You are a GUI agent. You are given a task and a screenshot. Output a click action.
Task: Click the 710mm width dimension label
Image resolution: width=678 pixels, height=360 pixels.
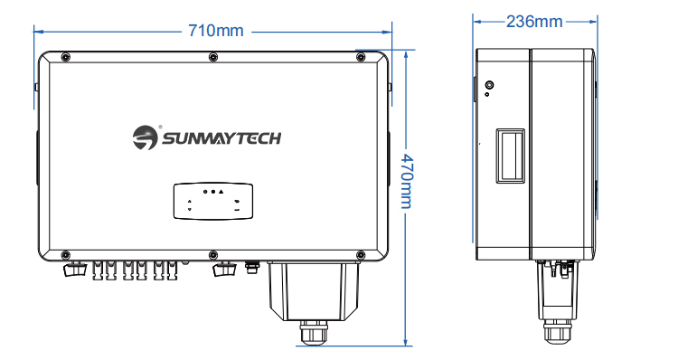coord(216,31)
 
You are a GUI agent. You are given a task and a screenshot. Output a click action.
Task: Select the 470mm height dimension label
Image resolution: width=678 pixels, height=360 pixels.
coord(407,180)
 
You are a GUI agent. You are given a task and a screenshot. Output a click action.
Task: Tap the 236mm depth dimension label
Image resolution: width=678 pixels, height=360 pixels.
coord(534,21)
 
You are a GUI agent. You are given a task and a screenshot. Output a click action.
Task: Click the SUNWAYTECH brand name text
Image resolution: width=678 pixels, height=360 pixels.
coord(221,138)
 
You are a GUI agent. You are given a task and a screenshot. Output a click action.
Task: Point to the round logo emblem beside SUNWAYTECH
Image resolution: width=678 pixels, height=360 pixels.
coord(145,137)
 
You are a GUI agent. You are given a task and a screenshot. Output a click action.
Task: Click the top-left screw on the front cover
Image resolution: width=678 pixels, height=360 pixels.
coord(65,57)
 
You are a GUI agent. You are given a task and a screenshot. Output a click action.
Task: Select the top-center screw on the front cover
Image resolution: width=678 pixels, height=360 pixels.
coord(213,57)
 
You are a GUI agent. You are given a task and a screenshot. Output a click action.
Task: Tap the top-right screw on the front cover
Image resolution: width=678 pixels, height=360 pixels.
coord(361,57)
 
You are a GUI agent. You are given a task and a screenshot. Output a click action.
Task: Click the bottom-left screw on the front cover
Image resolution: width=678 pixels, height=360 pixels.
coord(65,255)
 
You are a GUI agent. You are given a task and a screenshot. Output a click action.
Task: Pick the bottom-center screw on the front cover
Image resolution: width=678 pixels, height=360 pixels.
coord(213,255)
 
